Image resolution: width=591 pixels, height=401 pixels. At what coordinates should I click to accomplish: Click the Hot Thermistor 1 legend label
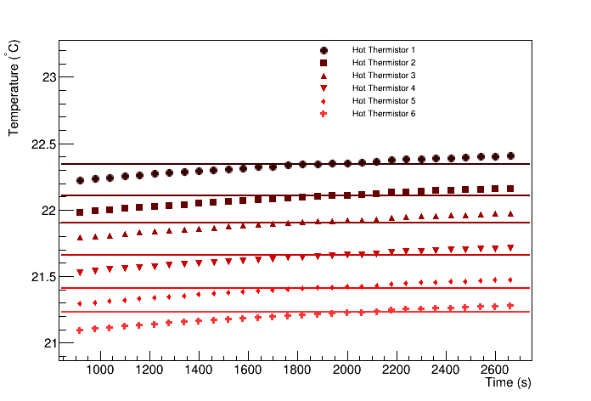(384, 50)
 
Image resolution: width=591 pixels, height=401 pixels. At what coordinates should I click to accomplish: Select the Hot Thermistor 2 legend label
(384, 63)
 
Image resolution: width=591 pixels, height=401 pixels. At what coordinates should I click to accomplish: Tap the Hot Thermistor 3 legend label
(384, 76)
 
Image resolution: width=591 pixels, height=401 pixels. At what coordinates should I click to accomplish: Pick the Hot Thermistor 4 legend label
(384, 88)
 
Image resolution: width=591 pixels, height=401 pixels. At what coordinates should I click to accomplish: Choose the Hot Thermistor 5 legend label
(384, 101)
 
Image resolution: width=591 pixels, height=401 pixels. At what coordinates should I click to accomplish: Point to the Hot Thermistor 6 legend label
(384, 114)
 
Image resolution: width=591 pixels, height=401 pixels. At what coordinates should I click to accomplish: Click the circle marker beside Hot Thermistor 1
(324, 50)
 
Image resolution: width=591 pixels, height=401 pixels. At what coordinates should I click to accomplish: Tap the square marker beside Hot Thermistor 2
(324, 63)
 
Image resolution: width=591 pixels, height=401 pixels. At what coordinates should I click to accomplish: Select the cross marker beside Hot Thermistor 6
(324, 114)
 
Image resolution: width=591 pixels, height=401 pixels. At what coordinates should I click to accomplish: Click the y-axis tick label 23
(49, 77)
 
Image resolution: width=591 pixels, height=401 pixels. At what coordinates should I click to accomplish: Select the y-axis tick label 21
(49, 343)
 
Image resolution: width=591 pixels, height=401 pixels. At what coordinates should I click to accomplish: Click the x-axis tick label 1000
(100, 371)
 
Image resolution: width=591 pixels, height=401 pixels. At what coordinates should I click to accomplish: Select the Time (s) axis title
(508, 384)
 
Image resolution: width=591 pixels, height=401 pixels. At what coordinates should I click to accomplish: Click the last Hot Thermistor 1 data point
(510, 155)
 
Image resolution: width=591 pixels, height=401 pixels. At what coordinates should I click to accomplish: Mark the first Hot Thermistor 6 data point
(80, 330)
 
